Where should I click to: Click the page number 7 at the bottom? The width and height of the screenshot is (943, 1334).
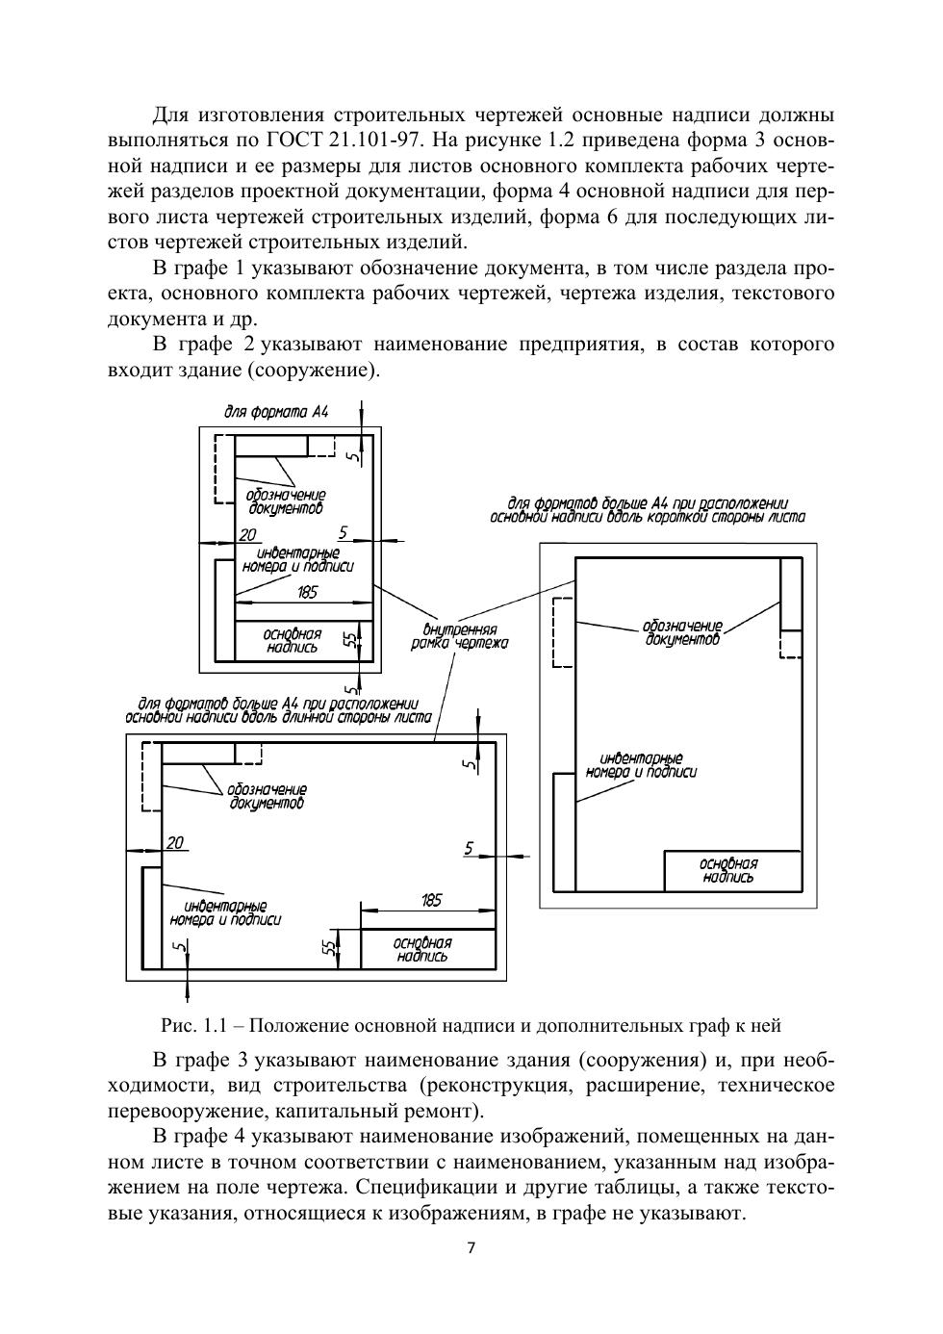pyautogui.click(x=471, y=1249)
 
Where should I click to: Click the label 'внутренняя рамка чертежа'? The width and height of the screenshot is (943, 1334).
pyautogui.click(x=459, y=636)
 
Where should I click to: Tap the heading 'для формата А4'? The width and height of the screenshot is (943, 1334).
pyautogui.click(x=276, y=412)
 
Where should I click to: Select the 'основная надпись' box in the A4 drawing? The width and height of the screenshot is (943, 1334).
pyautogui.click(x=293, y=641)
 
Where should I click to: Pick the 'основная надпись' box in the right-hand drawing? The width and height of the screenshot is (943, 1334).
pyautogui.click(x=728, y=870)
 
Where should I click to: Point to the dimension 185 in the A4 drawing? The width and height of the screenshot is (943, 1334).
pyautogui.click(x=306, y=593)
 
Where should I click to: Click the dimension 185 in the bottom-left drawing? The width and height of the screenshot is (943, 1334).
pyautogui.click(x=431, y=900)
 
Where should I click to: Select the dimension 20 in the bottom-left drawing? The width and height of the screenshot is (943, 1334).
pyautogui.click(x=174, y=843)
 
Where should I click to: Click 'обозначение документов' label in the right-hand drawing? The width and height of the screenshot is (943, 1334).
pyautogui.click(x=682, y=632)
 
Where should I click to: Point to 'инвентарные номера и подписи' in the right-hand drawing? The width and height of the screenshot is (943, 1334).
pyautogui.click(x=641, y=765)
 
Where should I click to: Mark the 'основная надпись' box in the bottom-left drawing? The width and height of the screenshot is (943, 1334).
pyautogui.click(x=423, y=949)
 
